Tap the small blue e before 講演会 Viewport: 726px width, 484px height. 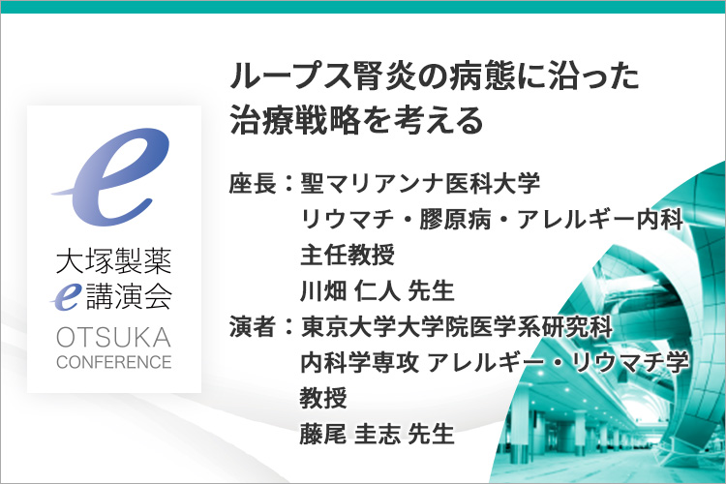click(66, 296)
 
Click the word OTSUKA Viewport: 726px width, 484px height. click(114, 337)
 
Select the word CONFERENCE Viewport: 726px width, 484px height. click(114, 362)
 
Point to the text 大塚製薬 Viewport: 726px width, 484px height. click(114, 260)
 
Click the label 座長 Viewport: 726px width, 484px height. click(253, 183)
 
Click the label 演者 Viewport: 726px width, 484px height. click(253, 326)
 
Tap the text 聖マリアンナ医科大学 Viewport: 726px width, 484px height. click(420, 183)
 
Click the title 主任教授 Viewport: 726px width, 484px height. click(348, 255)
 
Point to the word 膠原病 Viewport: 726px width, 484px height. click(455, 219)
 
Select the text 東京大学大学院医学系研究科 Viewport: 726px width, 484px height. click(457, 326)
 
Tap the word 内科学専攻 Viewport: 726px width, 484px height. click(359, 362)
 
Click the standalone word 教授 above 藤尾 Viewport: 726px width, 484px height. click(323, 398)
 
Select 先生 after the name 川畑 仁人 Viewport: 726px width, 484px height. click(431, 290)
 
